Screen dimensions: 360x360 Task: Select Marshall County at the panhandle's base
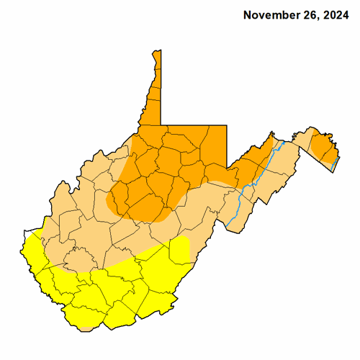[x=151, y=115]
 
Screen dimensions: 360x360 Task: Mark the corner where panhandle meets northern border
[x=161, y=124]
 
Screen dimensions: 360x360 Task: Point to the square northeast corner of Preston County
[x=227, y=126]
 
